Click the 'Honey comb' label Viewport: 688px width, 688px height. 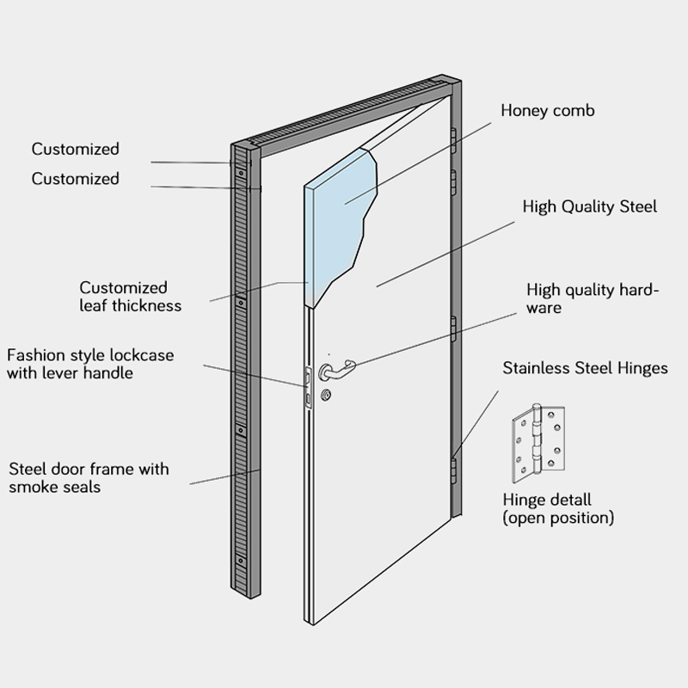pos(547,111)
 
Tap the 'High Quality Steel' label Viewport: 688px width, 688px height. pos(590,206)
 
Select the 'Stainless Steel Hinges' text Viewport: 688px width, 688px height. pos(585,368)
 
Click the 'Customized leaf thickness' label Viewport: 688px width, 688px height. pos(131,296)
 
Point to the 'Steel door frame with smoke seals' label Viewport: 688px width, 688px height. pos(89,478)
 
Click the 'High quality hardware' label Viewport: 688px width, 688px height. pos(593,298)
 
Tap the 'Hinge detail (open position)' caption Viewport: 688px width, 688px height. pos(558,509)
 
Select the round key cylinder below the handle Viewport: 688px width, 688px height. pos(325,396)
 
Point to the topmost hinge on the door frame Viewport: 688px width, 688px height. pos(453,140)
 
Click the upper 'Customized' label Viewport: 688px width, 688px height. pos(76,150)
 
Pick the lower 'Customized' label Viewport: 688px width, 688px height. pos(76,179)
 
